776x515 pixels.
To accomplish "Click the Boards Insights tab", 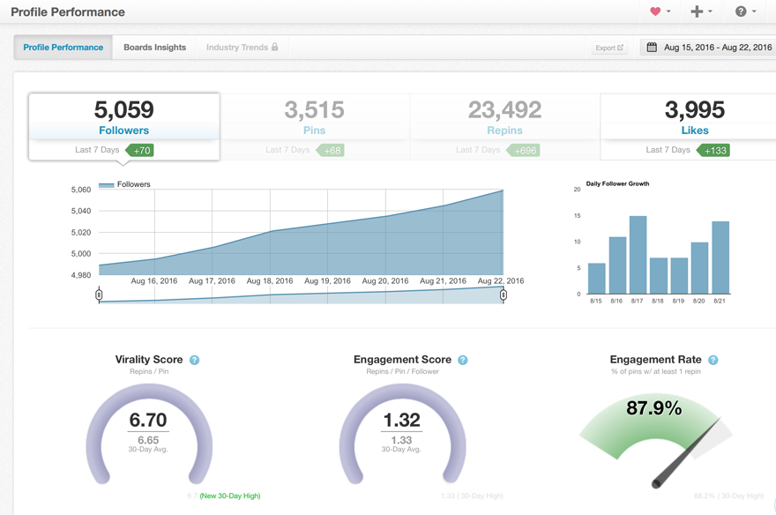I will [x=154, y=48].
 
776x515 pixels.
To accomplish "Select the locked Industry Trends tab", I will [x=242, y=48].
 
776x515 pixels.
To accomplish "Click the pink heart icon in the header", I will [x=655, y=11].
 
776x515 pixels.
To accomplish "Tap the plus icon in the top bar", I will [x=697, y=11].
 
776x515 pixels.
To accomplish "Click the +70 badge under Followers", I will [x=141, y=151].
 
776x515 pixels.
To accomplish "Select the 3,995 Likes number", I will [x=695, y=110].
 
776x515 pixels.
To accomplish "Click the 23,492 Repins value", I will [x=504, y=110].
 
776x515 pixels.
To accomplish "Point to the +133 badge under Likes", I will [x=715, y=151].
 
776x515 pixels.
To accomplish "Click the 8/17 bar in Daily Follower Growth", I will [x=638, y=255].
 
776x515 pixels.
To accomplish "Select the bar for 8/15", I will [x=597, y=278].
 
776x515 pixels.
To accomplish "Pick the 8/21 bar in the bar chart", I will [x=720, y=257].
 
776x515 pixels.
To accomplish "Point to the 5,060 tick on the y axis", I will [x=80, y=190].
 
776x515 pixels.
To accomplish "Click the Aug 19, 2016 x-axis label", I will [x=327, y=281].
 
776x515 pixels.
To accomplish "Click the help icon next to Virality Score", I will [x=195, y=360].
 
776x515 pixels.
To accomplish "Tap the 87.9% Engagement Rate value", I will [x=653, y=408].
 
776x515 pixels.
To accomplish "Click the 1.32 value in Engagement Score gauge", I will [x=401, y=420].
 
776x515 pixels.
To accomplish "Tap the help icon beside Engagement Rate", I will [x=713, y=360].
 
